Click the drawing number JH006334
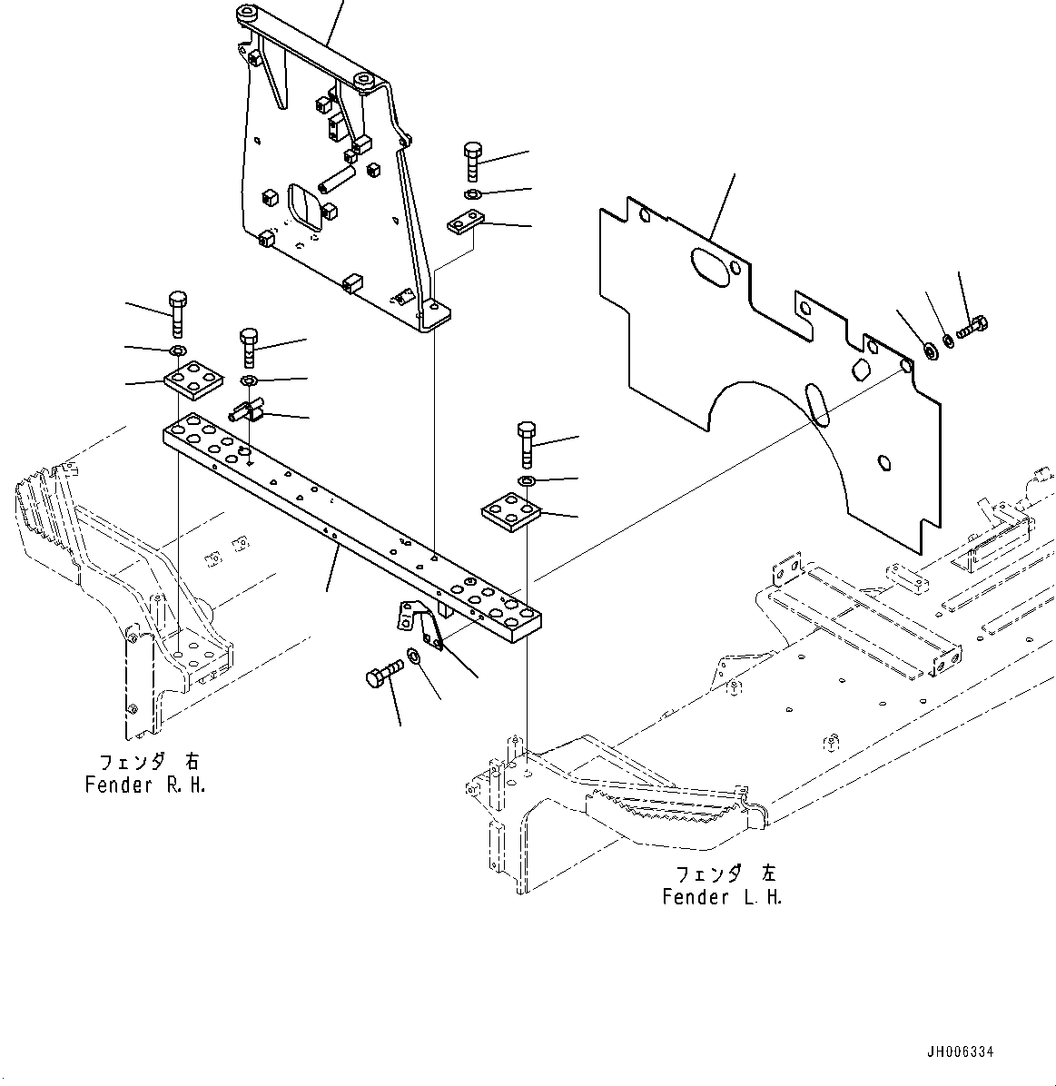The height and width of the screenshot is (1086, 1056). click(x=960, y=1051)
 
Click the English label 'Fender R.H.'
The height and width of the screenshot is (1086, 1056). click(x=145, y=785)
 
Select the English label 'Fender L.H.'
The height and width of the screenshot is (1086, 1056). click(x=722, y=897)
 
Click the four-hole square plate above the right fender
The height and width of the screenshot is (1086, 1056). click(x=193, y=379)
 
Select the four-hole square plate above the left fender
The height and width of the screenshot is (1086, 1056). click(x=511, y=512)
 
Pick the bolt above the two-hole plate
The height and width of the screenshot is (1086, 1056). click(x=473, y=162)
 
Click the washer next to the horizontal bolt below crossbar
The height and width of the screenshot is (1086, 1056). click(x=414, y=656)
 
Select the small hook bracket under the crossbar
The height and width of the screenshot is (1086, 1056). click(x=416, y=622)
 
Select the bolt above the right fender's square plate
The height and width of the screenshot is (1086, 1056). click(x=177, y=313)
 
